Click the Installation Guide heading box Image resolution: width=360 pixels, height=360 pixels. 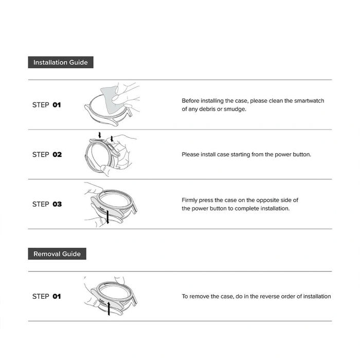point(61,62)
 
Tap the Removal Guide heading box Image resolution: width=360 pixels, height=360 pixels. point(57,254)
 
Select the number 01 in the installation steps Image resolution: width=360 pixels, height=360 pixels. point(57,105)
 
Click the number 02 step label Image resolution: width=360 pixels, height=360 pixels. point(57,154)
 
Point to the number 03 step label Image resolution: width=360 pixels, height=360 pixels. point(57,204)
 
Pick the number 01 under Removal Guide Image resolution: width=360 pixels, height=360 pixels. point(57,296)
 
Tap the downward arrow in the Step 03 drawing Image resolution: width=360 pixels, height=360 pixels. point(107,217)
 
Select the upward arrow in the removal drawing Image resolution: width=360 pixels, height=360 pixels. point(109,309)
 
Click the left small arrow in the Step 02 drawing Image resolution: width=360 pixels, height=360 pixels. point(99,135)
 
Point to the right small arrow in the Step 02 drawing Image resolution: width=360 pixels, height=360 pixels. point(112,139)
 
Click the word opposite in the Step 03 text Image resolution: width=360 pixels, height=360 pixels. point(267,201)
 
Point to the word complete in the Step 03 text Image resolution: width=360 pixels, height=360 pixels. point(246,209)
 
